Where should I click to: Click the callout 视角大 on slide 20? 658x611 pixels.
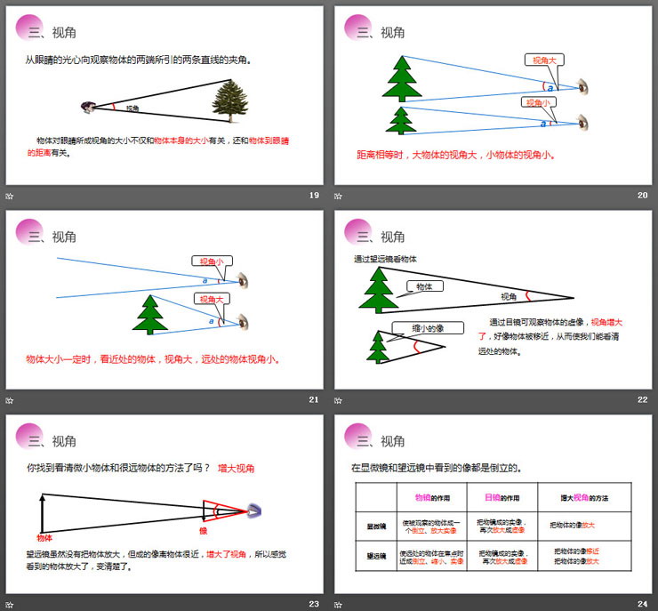coord(543,60)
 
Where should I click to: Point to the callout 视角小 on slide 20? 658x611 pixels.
coord(538,102)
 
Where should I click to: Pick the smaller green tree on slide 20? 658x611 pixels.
coord(402,119)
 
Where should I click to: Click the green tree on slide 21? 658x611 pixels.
coord(150,314)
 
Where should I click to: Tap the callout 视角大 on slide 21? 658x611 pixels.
coord(211,300)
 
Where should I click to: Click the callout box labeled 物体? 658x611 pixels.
coord(424,287)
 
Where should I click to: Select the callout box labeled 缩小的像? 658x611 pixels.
coord(428,328)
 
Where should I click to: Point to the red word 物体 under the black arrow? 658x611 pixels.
coord(44,538)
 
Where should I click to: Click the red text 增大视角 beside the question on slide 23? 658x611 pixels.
coord(237,468)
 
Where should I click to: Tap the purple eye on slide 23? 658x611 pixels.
coord(254,511)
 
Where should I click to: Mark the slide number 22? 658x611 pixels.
coord(643,399)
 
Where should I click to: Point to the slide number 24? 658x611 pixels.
coord(643,604)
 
